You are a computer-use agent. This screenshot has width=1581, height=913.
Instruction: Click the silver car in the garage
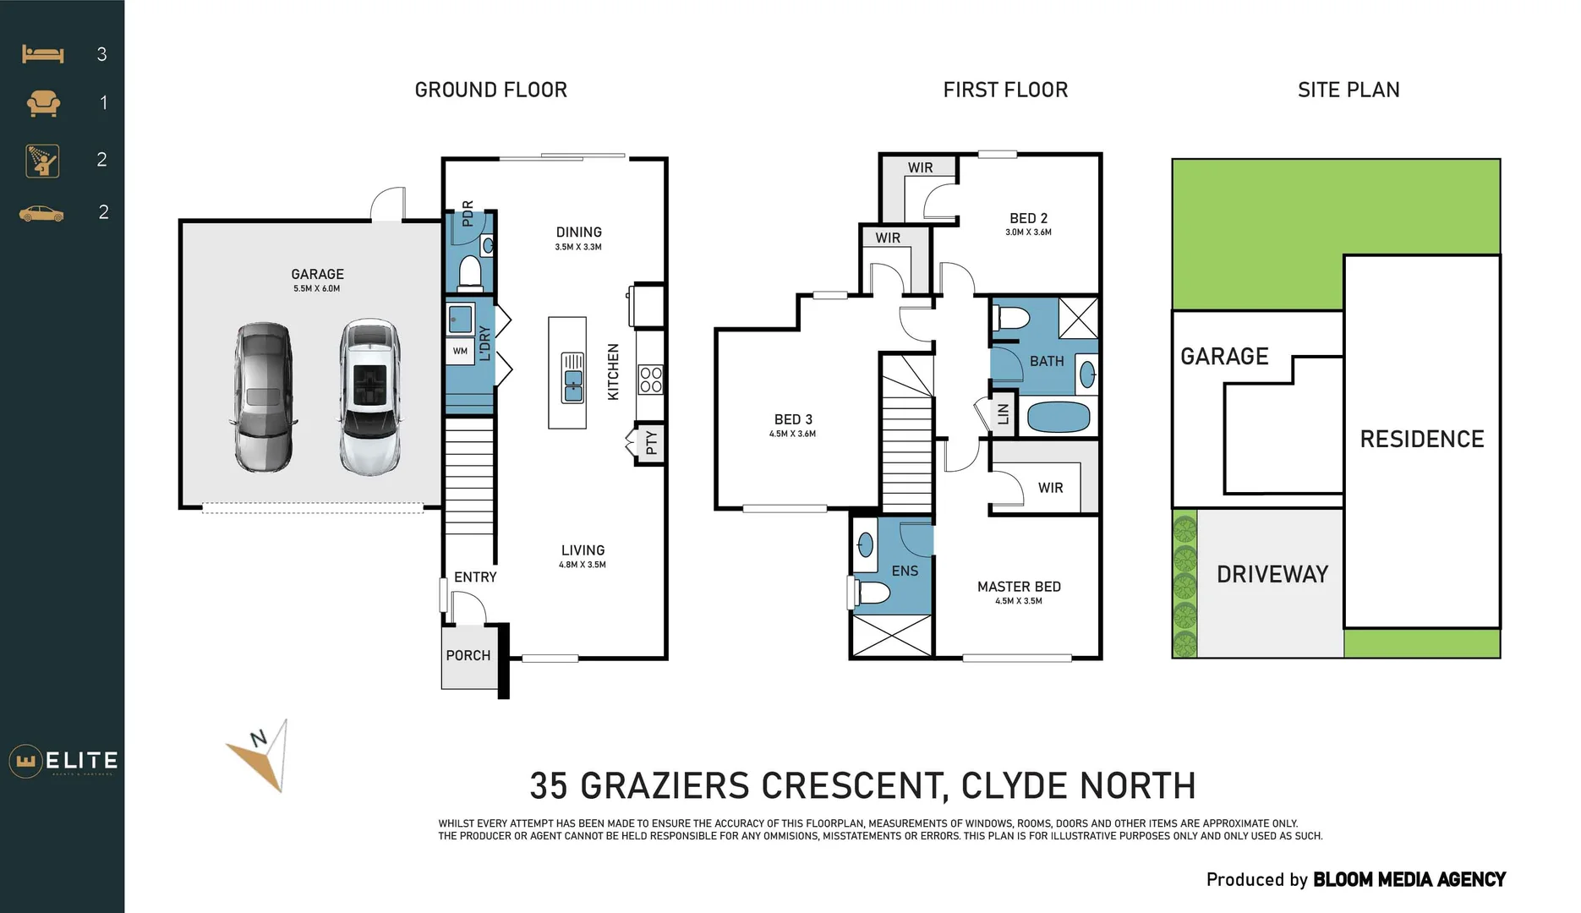point(264,397)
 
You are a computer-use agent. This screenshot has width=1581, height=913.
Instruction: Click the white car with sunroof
point(369,397)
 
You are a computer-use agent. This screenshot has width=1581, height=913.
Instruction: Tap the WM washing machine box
point(460,351)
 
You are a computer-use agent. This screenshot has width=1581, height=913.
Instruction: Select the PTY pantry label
point(651,443)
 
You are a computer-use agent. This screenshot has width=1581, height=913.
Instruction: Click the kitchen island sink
point(573,377)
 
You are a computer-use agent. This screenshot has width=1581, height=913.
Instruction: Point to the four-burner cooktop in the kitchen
point(650,380)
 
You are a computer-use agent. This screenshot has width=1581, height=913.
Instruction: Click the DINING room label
point(579,232)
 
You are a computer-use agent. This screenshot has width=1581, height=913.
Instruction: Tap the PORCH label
point(468,655)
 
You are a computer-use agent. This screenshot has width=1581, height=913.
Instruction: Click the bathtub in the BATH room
point(1058,417)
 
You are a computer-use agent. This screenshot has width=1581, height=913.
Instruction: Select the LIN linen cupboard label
point(1004,414)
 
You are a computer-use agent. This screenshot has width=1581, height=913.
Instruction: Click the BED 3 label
point(793,419)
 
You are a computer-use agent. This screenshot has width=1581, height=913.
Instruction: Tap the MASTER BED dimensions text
point(1019,601)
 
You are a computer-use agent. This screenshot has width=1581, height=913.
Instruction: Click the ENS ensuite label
point(905,571)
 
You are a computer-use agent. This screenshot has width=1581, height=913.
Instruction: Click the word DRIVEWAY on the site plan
point(1272,575)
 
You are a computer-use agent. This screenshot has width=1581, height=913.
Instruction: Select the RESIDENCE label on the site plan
point(1422,440)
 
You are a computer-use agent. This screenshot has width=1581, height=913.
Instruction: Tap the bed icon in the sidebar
point(42,54)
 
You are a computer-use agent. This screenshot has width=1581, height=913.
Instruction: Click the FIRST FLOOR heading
point(1005,90)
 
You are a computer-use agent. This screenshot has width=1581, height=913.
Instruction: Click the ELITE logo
point(64,761)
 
